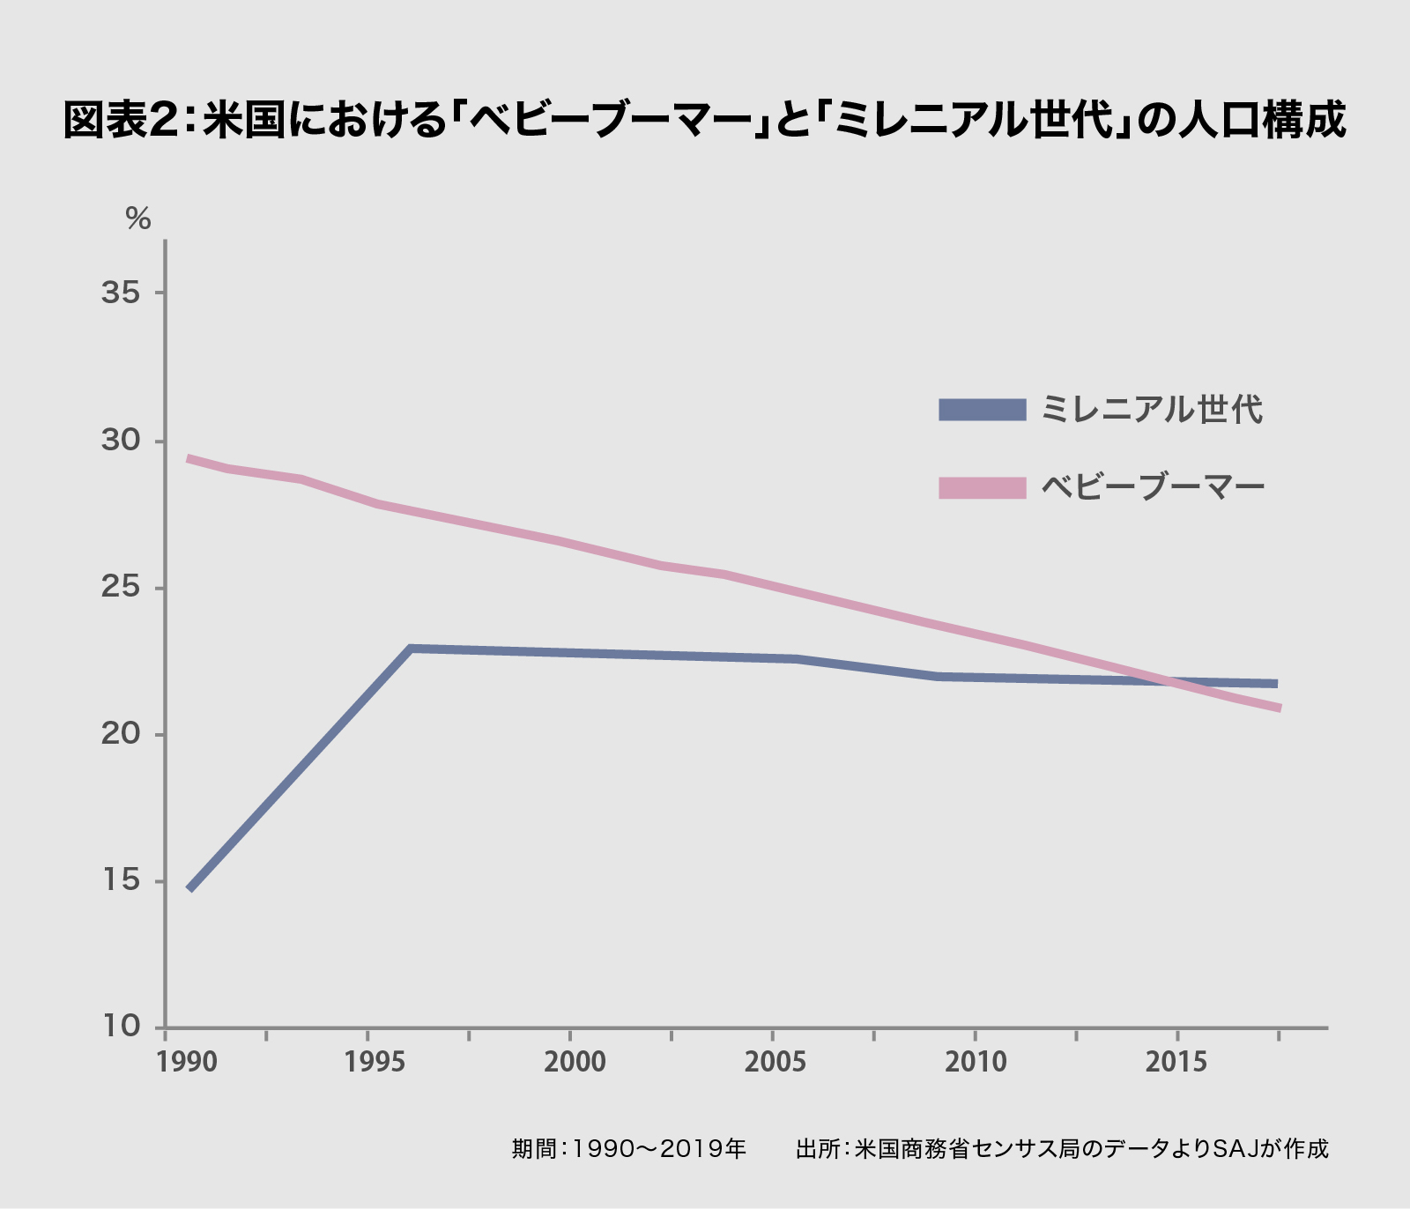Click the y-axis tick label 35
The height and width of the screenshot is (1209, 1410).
[121, 293]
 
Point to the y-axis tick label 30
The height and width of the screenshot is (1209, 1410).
[121, 440]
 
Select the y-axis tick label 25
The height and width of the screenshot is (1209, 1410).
[121, 587]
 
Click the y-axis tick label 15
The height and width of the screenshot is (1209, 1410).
[121, 880]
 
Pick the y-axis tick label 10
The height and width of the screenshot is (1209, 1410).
[121, 1027]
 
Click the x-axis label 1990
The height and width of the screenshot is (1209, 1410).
[187, 1062]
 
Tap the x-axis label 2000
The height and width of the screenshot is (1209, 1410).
[575, 1062]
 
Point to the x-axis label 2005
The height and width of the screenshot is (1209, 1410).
[775, 1062]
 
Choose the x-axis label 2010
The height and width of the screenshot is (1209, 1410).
[976, 1062]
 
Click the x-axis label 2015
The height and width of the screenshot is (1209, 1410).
[1176, 1062]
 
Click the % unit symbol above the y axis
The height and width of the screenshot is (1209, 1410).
[138, 219]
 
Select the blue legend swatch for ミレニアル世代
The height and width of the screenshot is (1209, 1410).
[983, 410]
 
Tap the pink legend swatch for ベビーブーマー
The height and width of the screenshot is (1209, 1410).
[983, 487]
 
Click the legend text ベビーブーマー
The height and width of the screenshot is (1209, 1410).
[1153, 487]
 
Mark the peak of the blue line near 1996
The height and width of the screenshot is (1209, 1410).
[411, 649]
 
